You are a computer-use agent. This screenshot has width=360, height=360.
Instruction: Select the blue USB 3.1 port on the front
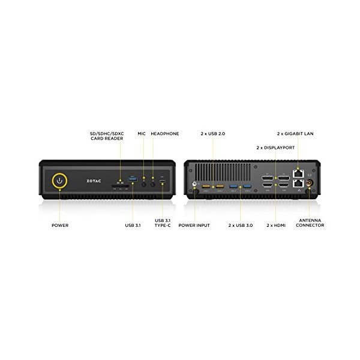point(133,179)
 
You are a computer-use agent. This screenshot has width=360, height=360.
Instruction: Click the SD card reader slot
point(120,186)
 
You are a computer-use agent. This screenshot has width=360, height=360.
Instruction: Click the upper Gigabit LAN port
point(297,173)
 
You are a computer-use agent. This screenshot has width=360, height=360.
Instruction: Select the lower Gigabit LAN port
point(297,185)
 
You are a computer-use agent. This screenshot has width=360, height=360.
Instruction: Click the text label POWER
point(59,225)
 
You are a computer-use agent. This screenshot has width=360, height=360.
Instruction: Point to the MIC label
point(142,134)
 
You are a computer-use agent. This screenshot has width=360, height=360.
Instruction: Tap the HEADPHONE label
point(164,134)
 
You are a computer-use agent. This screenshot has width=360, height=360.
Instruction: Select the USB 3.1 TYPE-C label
point(163,223)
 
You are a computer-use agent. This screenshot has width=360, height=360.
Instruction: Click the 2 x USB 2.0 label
point(214,134)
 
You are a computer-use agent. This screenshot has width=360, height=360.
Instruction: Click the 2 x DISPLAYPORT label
point(277,147)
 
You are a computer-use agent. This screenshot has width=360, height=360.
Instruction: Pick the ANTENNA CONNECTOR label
point(310,223)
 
